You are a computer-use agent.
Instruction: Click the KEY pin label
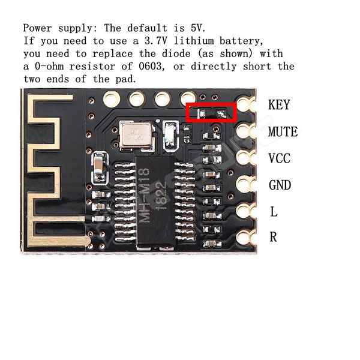tap(279, 105)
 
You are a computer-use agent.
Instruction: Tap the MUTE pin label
tap(283, 132)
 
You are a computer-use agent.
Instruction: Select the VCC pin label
tap(280, 158)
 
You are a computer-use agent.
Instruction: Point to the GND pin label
tap(280, 185)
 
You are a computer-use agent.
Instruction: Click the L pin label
tap(274, 212)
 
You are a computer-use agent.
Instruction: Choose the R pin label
tap(274, 237)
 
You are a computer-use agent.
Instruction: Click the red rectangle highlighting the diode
tap(211, 112)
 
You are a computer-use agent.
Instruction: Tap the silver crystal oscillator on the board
tap(131, 135)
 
